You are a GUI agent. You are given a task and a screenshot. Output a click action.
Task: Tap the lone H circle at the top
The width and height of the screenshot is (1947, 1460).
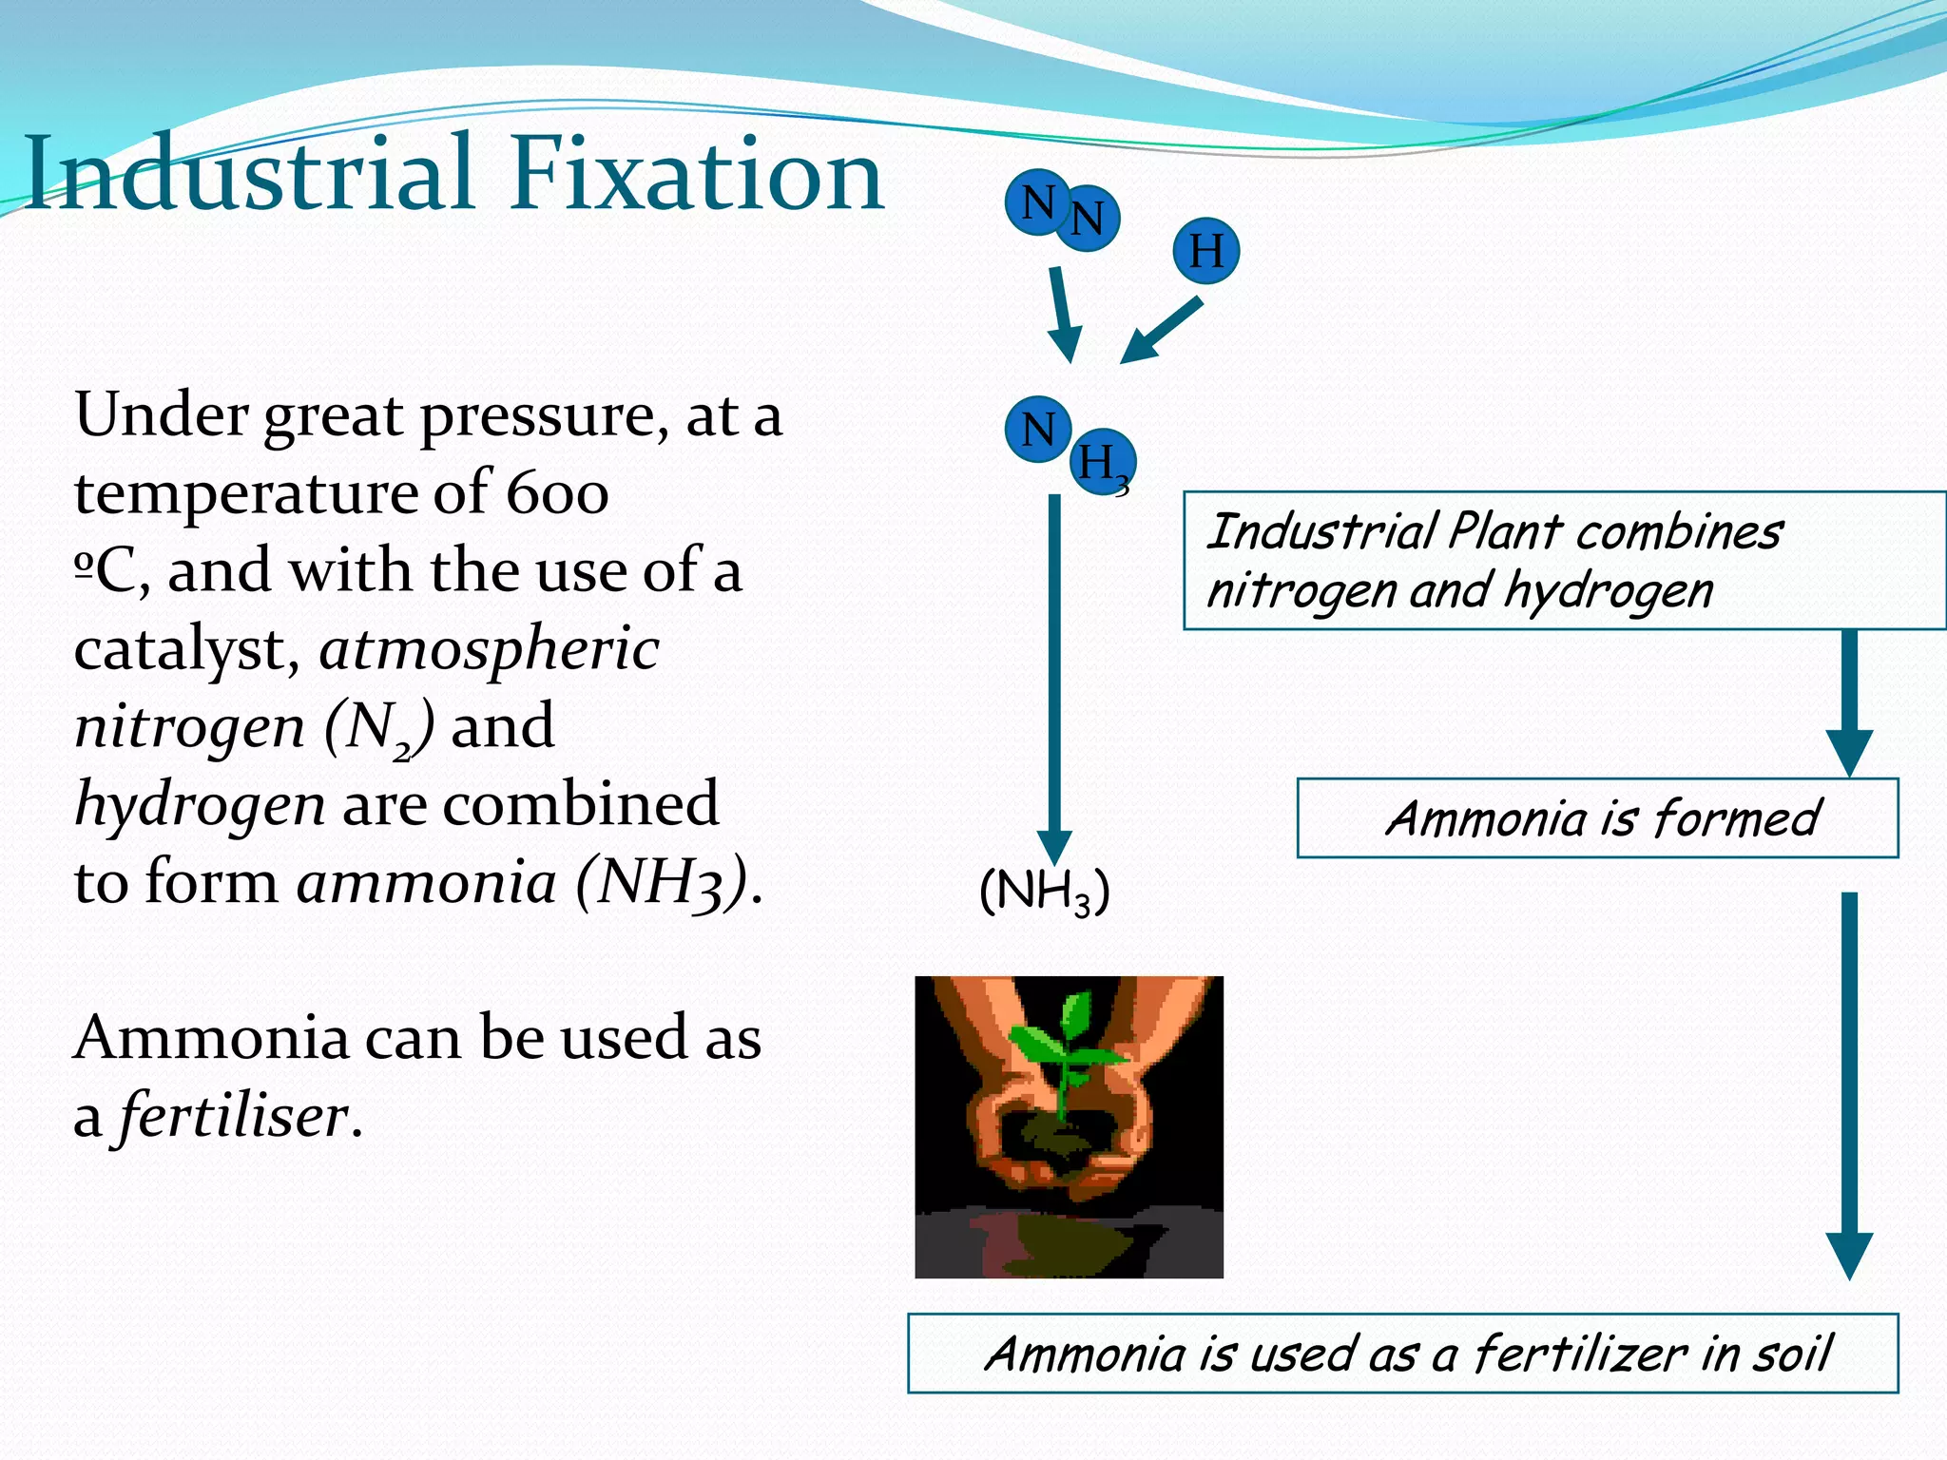coord(1205,251)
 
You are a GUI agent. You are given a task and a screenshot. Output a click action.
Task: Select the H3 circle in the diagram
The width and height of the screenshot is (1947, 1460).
coord(1103,463)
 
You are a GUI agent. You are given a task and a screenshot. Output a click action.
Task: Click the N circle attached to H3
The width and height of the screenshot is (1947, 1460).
coord(1037,430)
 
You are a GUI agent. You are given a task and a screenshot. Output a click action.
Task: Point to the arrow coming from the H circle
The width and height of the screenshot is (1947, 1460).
coord(1162,331)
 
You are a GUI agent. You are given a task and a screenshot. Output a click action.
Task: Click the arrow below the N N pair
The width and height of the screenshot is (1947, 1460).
coord(1064,314)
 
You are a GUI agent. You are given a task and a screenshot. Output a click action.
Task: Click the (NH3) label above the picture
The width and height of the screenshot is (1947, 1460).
coord(1044,892)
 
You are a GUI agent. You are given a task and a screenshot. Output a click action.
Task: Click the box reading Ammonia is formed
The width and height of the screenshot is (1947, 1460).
coord(1597,818)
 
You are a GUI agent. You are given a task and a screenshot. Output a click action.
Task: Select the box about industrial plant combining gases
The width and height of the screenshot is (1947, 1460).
coord(1564,561)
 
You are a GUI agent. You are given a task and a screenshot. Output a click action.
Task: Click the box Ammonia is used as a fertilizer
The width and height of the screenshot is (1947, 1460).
coord(1402,1354)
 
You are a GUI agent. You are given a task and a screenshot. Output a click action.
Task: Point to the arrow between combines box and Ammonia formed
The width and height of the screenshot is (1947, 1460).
coord(1849,703)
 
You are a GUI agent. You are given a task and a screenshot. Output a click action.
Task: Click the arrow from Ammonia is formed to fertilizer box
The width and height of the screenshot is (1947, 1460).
coord(1849,1084)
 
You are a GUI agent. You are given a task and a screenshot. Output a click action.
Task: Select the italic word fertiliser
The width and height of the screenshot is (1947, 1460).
coord(234,1115)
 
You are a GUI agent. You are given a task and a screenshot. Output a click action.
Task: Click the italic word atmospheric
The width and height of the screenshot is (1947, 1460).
coord(489,650)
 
